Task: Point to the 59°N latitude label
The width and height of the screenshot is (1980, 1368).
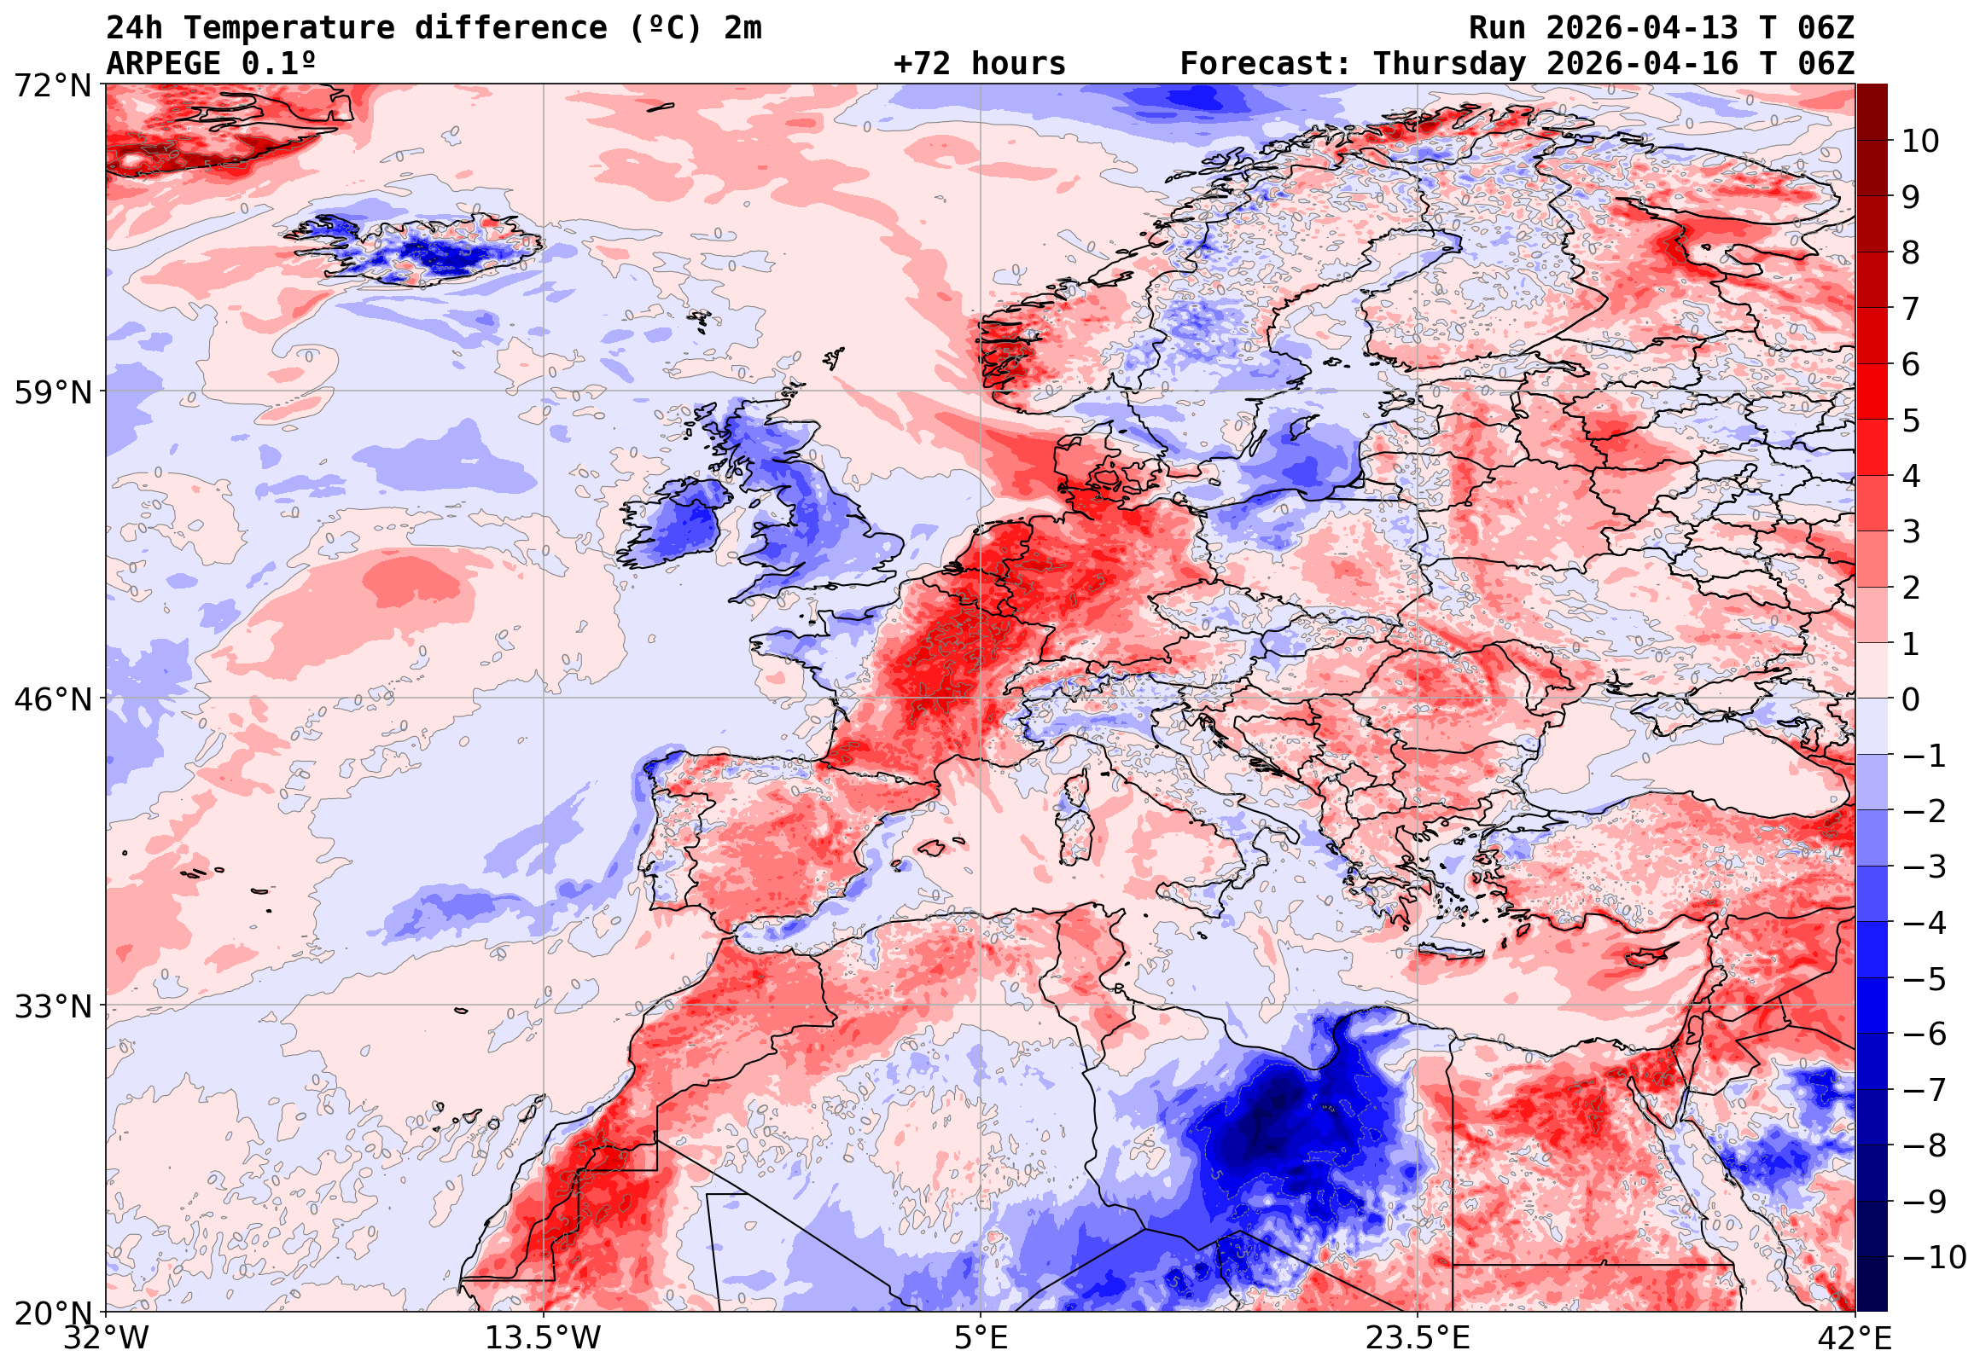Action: [x=52, y=392]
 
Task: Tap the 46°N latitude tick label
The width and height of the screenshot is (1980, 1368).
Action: [x=52, y=699]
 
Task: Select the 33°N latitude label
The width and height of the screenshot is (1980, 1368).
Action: [x=52, y=1006]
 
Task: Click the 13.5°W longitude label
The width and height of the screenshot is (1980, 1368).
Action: [x=543, y=1338]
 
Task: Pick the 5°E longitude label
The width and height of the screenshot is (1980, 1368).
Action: [x=980, y=1338]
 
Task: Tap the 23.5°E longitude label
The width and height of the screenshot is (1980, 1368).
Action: [x=1417, y=1338]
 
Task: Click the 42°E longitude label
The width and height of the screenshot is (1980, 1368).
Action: [x=1854, y=1338]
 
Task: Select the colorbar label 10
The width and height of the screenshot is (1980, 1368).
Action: [x=1920, y=142]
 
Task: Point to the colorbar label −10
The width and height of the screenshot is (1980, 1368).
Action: [x=1934, y=1257]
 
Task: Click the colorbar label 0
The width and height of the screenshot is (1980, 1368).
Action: [x=1911, y=699]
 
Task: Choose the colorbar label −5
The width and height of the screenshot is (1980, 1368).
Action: [x=1925, y=979]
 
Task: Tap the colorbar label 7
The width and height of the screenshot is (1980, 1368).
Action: [x=1911, y=309]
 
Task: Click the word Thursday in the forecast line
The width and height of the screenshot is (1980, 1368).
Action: [x=1449, y=64]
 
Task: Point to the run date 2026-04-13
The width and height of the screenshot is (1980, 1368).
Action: [x=1642, y=28]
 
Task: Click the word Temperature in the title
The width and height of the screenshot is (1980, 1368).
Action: [x=288, y=28]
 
